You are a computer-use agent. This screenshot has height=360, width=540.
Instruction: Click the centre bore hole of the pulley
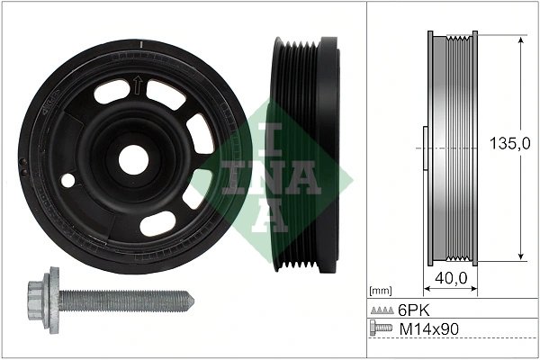(133, 159)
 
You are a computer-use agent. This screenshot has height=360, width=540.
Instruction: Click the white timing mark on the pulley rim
(141, 42)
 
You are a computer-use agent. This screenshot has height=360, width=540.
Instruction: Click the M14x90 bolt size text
(428, 329)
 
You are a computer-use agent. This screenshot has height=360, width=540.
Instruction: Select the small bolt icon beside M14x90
(382, 329)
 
